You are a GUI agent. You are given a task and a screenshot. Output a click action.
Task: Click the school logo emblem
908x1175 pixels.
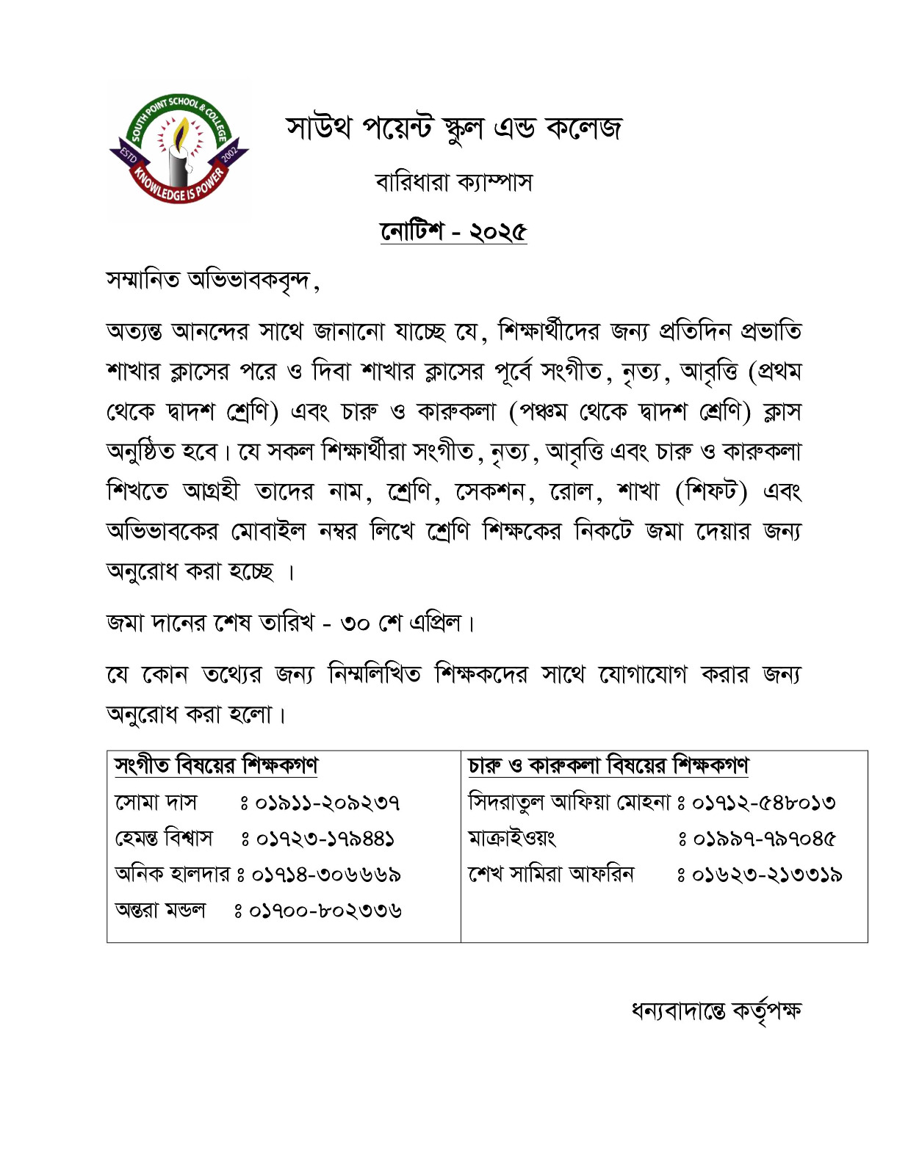click(179, 151)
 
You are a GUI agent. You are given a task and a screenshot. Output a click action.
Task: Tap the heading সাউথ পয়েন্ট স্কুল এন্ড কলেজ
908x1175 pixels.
click(454, 129)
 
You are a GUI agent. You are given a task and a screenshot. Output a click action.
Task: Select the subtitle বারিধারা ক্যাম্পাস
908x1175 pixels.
click(453, 181)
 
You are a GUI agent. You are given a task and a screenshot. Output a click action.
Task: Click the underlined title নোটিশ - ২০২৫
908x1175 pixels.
click(453, 231)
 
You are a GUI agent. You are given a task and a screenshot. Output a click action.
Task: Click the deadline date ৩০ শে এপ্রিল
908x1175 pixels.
click(401, 623)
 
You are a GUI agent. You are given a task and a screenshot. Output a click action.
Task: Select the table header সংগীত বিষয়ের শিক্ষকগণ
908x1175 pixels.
click(216, 766)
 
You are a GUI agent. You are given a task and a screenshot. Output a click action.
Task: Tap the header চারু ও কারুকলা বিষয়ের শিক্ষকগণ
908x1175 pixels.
click(608, 766)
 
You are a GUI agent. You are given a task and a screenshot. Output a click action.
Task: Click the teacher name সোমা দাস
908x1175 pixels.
click(156, 802)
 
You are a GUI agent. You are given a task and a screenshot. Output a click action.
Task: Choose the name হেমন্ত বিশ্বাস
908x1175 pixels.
click(164, 838)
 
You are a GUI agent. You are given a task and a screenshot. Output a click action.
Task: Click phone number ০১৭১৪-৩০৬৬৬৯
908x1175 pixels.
click(326, 875)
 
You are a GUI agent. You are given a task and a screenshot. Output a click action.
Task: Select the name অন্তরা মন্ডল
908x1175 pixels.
click(160, 911)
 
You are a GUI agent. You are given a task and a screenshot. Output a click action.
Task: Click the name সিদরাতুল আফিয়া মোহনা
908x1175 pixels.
click(569, 802)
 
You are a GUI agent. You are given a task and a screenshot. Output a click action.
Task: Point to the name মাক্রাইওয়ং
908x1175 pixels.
click(512, 838)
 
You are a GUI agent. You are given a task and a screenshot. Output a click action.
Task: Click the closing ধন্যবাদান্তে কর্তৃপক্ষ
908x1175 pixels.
click(716, 1011)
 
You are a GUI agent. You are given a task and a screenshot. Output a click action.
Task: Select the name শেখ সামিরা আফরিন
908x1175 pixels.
click(551, 874)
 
